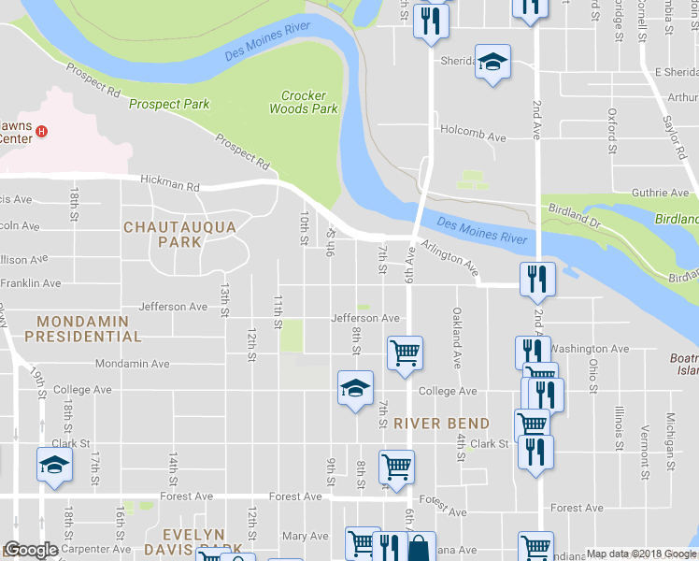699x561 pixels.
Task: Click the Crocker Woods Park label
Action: pyautogui.click(x=303, y=102)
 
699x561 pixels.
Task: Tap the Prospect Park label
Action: pyautogui.click(x=169, y=105)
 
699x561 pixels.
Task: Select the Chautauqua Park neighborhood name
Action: pyautogui.click(x=163, y=234)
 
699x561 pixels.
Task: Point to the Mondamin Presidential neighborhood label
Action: pyautogui.click(x=83, y=328)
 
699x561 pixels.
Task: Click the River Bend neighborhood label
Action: pyautogui.click(x=442, y=423)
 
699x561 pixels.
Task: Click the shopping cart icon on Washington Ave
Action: pyautogui.click(x=405, y=353)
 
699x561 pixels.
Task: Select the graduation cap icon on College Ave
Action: pyautogui.click(x=355, y=388)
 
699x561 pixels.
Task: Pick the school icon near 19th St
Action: pyautogui.click(x=54, y=465)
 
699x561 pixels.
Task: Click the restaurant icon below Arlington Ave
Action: pyautogui.click(x=537, y=277)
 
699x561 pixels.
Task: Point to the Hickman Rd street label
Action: pyautogui.click(x=170, y=185)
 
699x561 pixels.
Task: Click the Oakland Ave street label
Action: pyautogui.click(x=458, y=338)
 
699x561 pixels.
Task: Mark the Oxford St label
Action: pyautogui.click(x=613, y=130)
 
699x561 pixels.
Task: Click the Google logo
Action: pyautogui.click(x=31, y=551)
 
